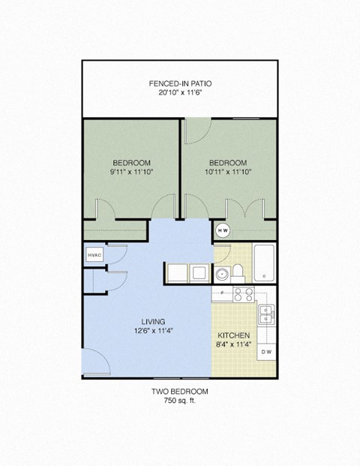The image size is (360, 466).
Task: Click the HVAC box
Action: point(94,255)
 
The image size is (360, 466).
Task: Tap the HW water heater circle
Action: point(223,230)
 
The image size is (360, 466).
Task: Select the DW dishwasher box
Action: point(266,351)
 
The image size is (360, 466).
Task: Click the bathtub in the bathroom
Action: point(264,263)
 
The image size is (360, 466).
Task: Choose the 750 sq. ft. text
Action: point(179,401)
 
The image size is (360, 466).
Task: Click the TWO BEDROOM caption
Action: point(179,392)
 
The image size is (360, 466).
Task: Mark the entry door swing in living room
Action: point(94,364)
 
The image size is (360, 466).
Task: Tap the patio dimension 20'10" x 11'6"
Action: point(179,93)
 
